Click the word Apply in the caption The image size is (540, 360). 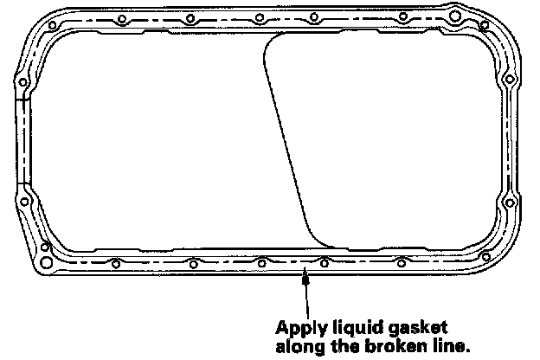pyautogui.click(x=299, y=329)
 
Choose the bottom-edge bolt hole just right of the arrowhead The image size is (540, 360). pyautogui.click(x=324, y=262)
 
